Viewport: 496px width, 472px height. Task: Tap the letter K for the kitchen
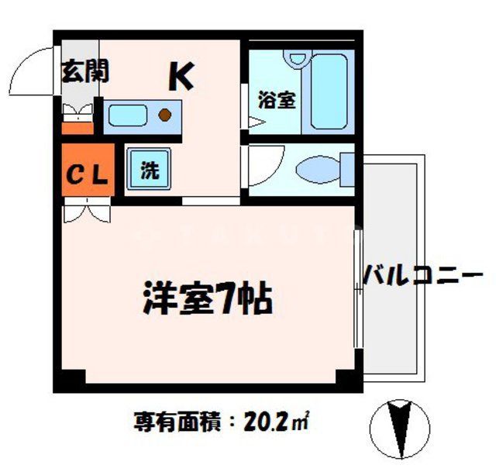(181, 77)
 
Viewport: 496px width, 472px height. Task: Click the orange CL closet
(85, 173)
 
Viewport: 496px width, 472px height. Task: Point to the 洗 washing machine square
(150, 170)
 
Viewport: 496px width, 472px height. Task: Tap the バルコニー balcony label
(423, 275)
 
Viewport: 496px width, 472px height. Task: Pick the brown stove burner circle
(165, 116)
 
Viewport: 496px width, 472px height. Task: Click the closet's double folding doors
(86, 207)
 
